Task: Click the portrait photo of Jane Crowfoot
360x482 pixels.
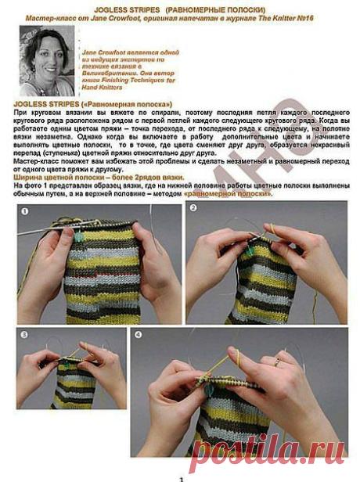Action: point(46,61)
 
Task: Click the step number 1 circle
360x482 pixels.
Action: point(25,211)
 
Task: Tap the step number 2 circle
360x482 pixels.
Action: point(193,210)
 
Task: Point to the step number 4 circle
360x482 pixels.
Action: point(139,336)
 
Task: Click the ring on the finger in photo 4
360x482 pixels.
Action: point(277,362)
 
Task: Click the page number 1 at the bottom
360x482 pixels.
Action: point(181,477)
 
